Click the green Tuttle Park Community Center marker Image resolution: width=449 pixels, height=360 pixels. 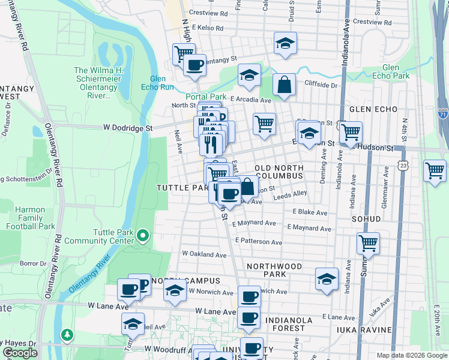(x=142, y=235)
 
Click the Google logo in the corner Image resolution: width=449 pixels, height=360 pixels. (x=20, y=353)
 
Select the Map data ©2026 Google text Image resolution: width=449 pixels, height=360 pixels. (x=411, y=355)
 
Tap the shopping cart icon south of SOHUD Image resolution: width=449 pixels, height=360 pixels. (x=369, y=244)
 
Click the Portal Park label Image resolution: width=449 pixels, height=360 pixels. (x=205, y=97)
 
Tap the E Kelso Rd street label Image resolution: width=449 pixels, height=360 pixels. (x=205, y=28)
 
